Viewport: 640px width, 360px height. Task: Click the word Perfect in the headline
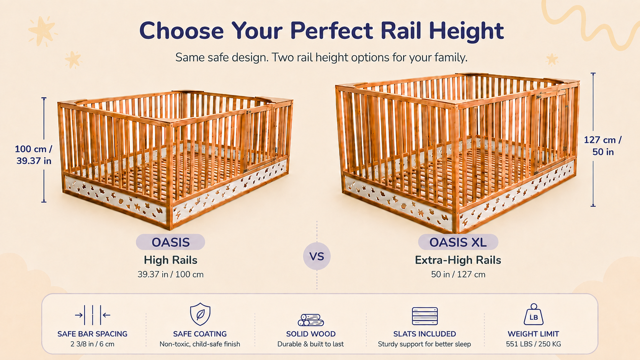click(331, 31)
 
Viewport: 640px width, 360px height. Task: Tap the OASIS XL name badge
click(458, 242)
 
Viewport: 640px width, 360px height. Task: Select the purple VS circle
click(317, 256)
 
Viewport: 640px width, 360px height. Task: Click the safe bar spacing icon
click(93, 315)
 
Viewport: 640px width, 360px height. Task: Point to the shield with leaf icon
click(200, 314)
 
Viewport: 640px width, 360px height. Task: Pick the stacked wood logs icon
click(310, 320)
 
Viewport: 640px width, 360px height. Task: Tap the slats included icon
click(424, 316)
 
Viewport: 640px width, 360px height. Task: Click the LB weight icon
click(534, 314)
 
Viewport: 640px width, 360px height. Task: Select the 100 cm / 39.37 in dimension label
click(34, 155)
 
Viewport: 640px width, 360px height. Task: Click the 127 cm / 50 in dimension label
click(602, 146)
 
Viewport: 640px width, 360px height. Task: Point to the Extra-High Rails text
click(458, 260)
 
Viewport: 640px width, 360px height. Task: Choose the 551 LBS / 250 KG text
click(534, 344)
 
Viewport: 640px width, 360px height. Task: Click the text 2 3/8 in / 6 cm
click(92, 344)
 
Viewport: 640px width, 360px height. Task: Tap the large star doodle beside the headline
click(42, 31)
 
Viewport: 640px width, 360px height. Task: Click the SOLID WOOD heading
click(311, 334)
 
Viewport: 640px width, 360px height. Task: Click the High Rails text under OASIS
click(171, 260)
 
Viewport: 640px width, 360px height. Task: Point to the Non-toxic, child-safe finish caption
click(200, 344)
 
